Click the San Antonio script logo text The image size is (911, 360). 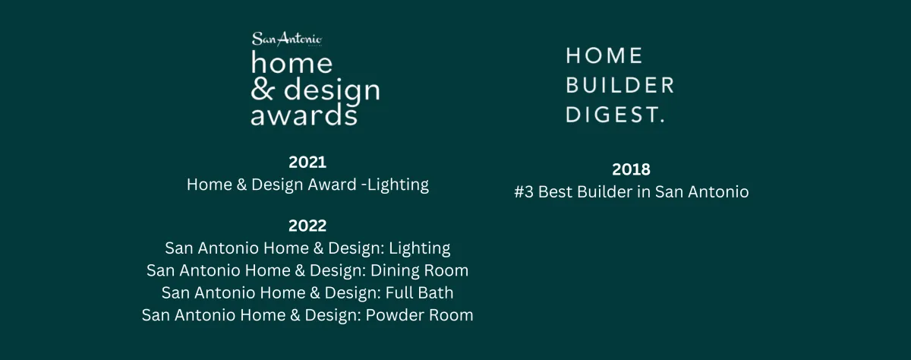click(287, 39)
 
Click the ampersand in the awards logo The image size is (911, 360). click(261, 90)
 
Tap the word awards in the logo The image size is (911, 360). click(304, 115)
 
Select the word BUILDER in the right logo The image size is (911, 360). click(619, 85)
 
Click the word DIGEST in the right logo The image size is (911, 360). click(613, 115)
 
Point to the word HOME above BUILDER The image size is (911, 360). click(604, 55)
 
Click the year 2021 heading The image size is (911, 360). click(307, 163)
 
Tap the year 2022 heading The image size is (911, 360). click(307, 226)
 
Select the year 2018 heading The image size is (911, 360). click(631, 169)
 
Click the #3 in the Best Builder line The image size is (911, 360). click(524, 192)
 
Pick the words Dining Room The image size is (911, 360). click(419, 270)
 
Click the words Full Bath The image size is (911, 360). click(419, 293)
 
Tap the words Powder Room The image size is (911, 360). click(419, 315)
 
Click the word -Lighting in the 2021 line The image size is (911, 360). click(395, 185)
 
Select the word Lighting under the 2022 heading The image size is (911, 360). click(419, 248)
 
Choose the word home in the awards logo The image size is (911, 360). click(292, 62)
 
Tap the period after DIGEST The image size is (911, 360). click(663, 121)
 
